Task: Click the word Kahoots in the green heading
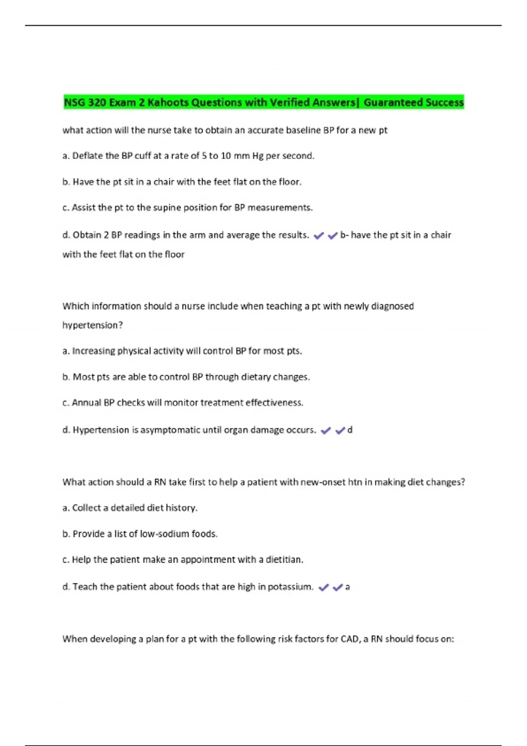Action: pyautogui.click(x=168, y=103)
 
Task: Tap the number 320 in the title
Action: pyautogui.click(x=97, y=103)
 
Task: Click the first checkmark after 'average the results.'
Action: pyautogui.click(x=319, y=236)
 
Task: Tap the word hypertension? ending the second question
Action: pyautogui.click(x=93, y=325)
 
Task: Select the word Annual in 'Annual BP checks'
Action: pyautogui.click(x=87, y=403)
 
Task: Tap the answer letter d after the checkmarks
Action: pyautogui.click(x=350, y=430)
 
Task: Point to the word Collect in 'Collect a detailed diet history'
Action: pyautogui.click(x=87, y=508)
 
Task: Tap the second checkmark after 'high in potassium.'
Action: pyautogui.click(x=337, y=588)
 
